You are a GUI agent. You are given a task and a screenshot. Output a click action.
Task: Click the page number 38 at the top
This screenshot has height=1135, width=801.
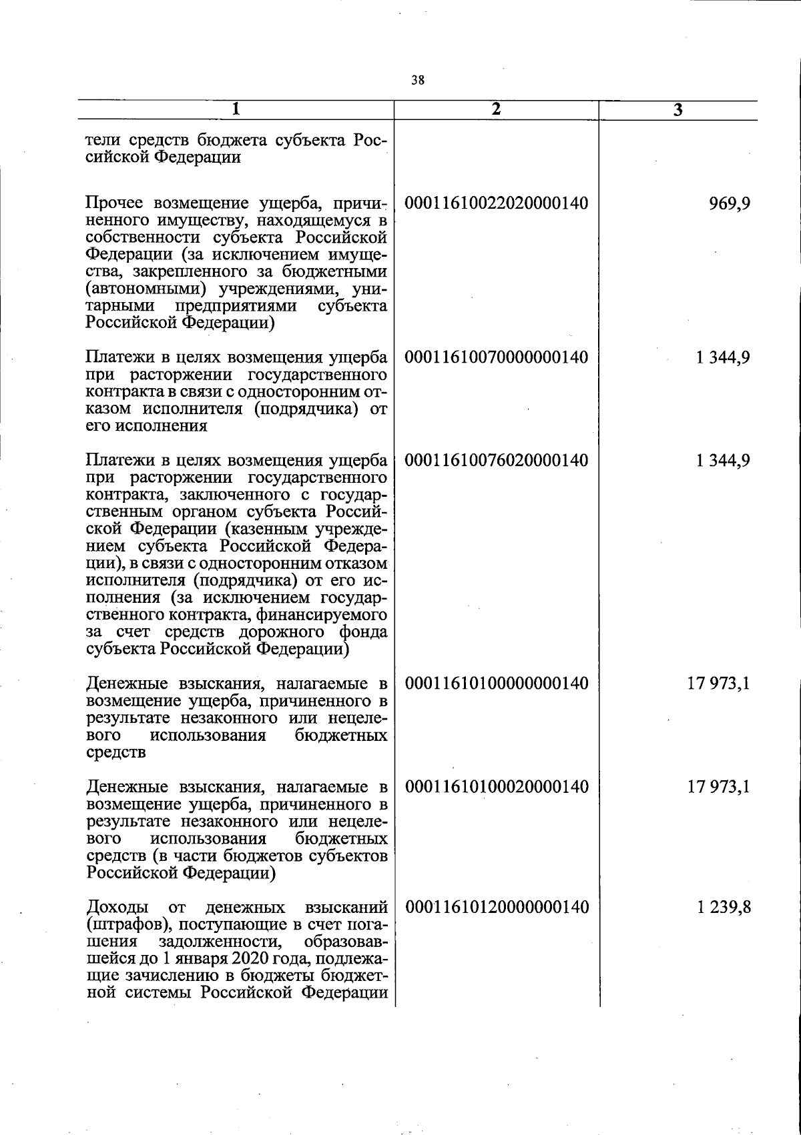click(x=418, y=81)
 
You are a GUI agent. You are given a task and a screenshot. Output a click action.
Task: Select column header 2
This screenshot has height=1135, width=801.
click(x=495, y=110)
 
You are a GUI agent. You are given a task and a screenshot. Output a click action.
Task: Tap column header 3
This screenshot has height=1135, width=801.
click(x=678, y=111)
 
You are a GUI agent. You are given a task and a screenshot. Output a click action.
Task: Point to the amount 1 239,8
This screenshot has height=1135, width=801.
click(x=723, y=908)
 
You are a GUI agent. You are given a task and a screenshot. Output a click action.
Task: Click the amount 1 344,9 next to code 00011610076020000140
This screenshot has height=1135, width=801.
click(x=723, y=461)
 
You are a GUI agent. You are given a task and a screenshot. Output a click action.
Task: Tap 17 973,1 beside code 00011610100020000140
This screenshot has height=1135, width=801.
click(x=719, y=788)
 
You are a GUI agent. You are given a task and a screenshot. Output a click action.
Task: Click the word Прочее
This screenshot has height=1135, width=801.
click(x=116, y=203)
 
